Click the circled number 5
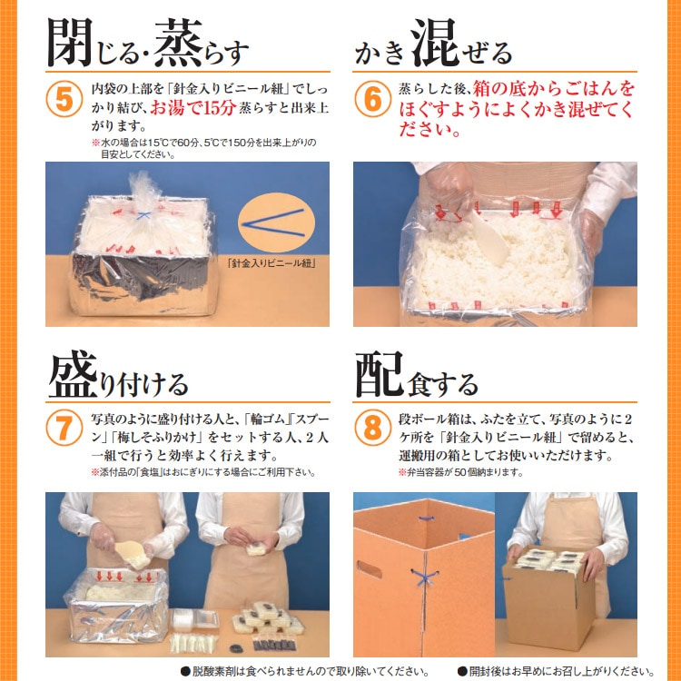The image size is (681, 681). pos(64,101)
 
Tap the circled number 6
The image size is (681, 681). pos(371,101)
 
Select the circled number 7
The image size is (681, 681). pos(64,429)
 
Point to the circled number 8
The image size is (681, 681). pos(371,429)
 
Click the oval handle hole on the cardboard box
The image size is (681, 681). pos(370,570)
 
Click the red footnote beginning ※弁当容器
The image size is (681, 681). pos(462,473)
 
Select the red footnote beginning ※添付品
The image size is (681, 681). pos(203,473)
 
